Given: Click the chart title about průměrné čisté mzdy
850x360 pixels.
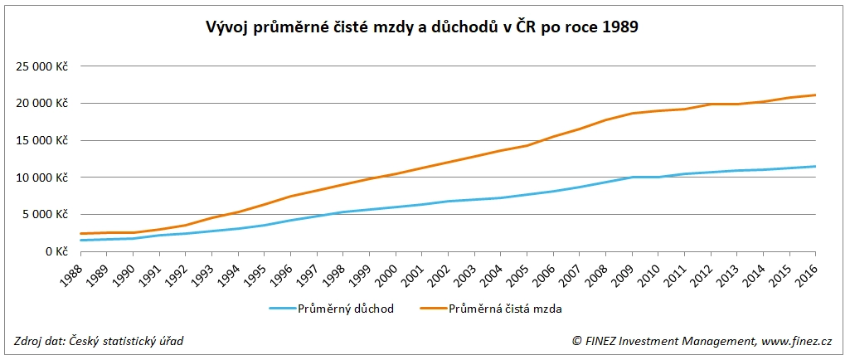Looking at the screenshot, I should tap(422, 27).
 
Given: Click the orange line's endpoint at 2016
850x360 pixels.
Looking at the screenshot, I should tap(816, 95).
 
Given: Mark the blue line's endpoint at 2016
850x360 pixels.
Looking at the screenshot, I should tap(816, 167).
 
